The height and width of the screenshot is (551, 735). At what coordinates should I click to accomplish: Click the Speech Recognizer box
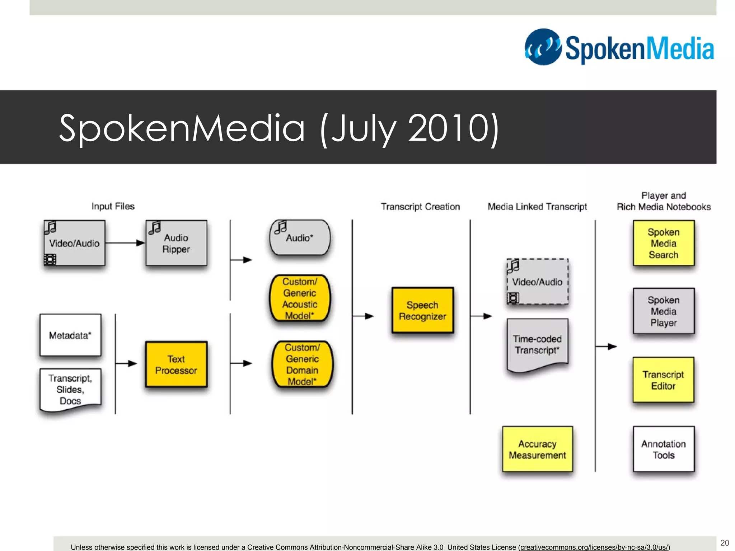pos(422,310)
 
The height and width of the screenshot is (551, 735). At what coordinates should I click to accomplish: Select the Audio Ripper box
pos(176,243)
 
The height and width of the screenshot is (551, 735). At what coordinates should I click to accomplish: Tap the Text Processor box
pos(176,364)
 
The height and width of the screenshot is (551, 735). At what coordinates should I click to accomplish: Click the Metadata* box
pos(70,335)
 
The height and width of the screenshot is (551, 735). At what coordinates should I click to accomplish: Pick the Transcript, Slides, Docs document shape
pos(70,389)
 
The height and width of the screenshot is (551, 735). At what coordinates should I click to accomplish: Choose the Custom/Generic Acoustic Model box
pos(300,298)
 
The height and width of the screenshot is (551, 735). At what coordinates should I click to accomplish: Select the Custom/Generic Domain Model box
pos(302,364)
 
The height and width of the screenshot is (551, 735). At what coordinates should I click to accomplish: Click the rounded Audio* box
pos(300,237)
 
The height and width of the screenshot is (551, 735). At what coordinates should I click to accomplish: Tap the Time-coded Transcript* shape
pos(537,344)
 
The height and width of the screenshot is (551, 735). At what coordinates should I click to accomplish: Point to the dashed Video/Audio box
pos(537,282)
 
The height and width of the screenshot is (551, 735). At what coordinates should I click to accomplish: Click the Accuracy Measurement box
pos(537,449)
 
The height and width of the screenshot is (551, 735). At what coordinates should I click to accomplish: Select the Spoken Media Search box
pos(663,243)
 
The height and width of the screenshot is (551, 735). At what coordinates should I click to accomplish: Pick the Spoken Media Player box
pos(663,311)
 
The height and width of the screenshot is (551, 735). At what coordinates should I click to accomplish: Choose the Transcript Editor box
pos(663,380)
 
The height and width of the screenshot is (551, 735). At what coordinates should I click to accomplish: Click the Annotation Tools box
pos(663,449)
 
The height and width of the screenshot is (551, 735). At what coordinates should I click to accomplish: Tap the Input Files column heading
pos(113,206)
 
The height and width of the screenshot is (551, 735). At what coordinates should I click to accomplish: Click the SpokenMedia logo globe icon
pos(543,47)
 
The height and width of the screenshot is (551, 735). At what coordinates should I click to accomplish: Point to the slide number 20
pos(725,542)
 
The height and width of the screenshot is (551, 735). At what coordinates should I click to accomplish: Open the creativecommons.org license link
pos(595,547)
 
